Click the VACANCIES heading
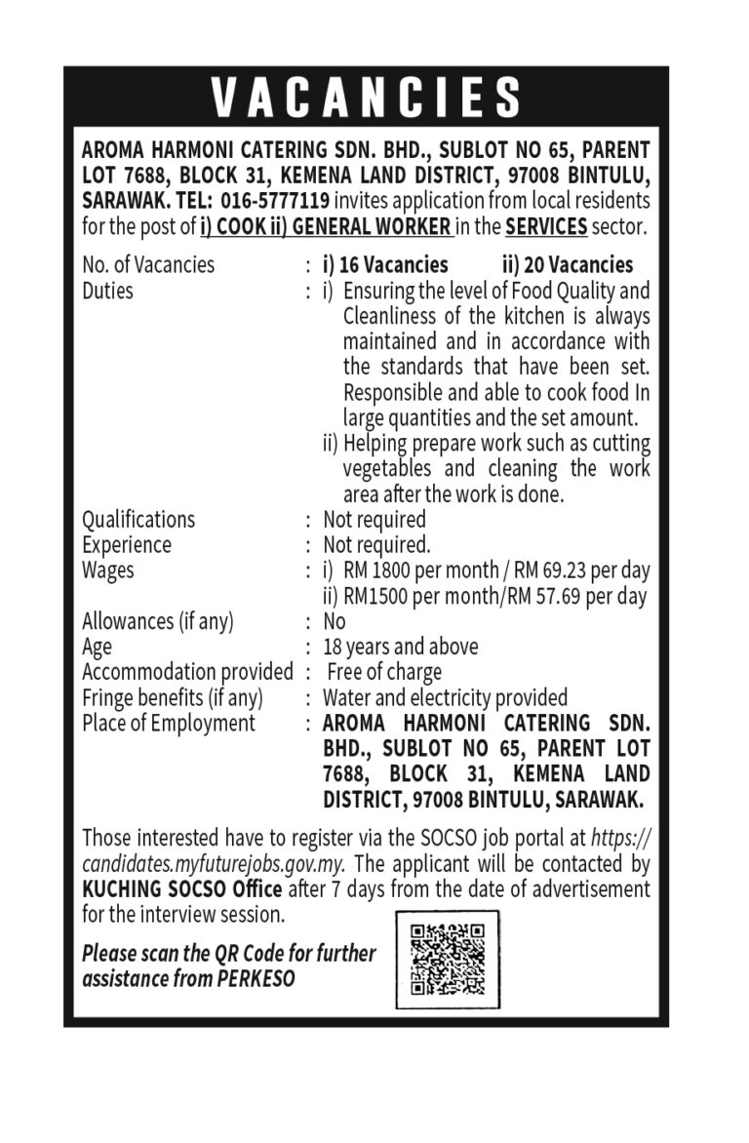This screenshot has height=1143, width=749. pos(367,98)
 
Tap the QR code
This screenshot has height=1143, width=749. pos(447,959)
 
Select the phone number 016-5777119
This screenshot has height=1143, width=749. pos(271,202)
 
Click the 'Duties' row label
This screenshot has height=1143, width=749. pos(107,291)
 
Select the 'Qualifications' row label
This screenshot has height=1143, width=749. pos(138,519)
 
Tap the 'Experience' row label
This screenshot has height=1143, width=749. pos(127,544)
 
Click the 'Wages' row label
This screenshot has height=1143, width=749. pos(108,570)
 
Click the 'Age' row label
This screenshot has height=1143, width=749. pos(97,647)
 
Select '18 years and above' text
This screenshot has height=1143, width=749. pos(401,647)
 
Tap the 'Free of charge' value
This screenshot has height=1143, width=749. pos(384,672)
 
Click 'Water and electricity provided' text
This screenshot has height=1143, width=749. pos(445,697)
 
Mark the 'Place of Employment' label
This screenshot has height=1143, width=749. pos(169,723)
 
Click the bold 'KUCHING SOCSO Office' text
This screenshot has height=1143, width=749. pos(182,889)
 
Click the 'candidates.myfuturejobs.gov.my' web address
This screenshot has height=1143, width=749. pos(214,864)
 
